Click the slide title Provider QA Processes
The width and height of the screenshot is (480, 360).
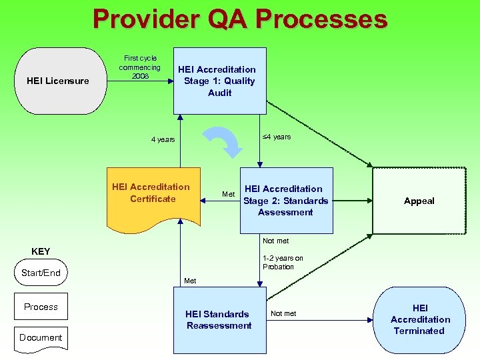[x=240, y=19]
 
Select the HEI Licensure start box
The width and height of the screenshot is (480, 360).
[x=58, y=81]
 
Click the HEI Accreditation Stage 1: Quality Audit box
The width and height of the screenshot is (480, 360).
[x=219, y=81]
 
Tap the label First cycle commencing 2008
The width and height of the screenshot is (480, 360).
[x=140, y=67]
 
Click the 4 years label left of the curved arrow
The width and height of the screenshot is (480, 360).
[x=163, y=139]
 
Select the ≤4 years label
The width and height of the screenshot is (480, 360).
[x=276, y=137]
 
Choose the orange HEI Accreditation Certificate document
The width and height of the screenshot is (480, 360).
[x=153, y=193]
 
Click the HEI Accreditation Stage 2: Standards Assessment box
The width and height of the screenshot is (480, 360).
[x=286, y=200]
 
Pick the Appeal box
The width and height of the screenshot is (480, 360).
[x=419, y=201]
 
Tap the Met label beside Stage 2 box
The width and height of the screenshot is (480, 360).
[x=228, y=194]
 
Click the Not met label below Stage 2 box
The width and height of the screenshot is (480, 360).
[x=275, y=241]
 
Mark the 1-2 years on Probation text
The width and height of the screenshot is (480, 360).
[x=282, y=262]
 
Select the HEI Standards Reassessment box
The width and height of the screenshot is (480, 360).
[x=219, y=320]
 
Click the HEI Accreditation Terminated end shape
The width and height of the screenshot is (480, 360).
[x=419, y=319]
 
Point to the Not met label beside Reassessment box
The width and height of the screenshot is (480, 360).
[x=283, y=313]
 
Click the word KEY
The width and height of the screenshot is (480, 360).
[x=41, y=251]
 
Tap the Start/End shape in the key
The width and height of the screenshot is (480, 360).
[x=41, y=273]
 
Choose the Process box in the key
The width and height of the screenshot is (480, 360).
[x=41, y=307]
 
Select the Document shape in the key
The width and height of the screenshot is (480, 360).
[x=41, y=338]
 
